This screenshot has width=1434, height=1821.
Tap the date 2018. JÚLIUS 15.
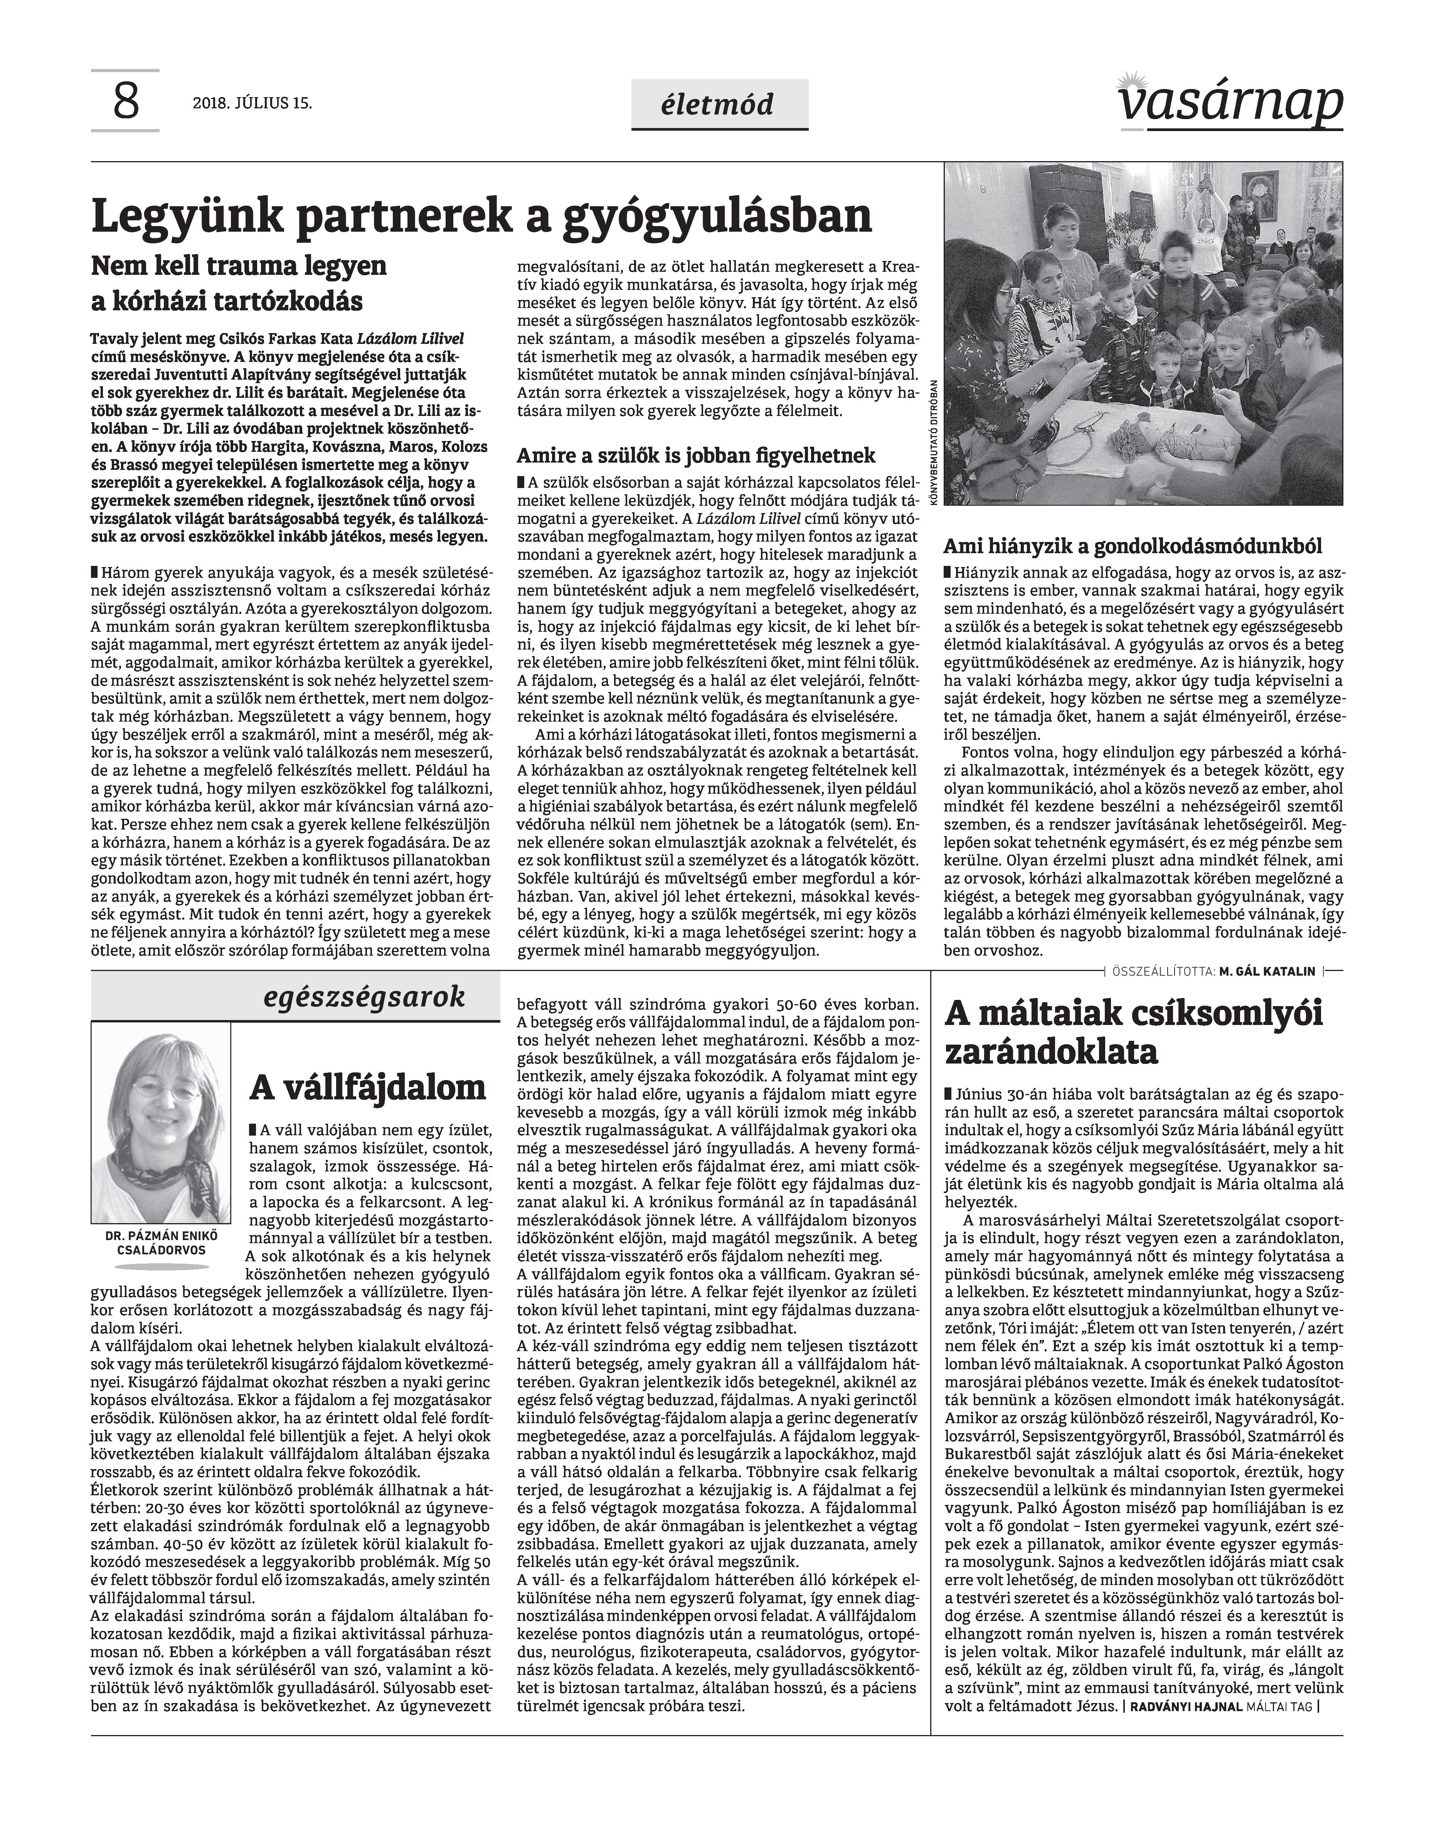coord(252,104)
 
